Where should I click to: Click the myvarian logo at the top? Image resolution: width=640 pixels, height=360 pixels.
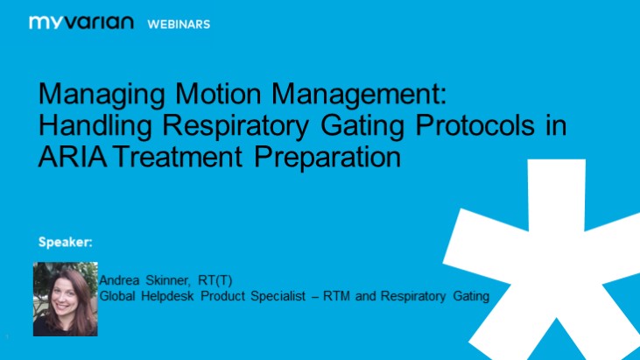pos(81,23)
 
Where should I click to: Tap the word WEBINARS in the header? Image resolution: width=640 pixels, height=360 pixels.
pos(178,24)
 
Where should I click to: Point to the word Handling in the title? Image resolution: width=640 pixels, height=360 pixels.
pos(89,127)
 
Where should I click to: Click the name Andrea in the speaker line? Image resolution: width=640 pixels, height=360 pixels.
pos(121,280)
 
